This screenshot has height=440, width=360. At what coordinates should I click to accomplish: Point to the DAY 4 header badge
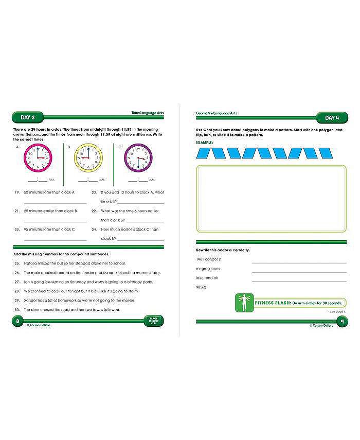click(x=331, y=118)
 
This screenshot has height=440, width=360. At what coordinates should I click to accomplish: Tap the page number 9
click(x=342, y=321)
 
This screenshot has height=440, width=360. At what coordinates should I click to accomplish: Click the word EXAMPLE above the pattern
click(x=205, y=142)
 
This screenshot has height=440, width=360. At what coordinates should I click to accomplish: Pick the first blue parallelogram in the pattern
click(x=204, y=153)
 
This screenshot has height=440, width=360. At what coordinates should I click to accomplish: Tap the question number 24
click(x=94, y=230)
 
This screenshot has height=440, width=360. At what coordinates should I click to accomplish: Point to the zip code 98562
click(x=201, y=287)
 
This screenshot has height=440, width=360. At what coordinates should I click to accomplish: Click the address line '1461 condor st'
click(x=208, y=259)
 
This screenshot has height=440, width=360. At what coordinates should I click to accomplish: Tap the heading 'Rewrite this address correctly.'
click(x=223, y=250)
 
